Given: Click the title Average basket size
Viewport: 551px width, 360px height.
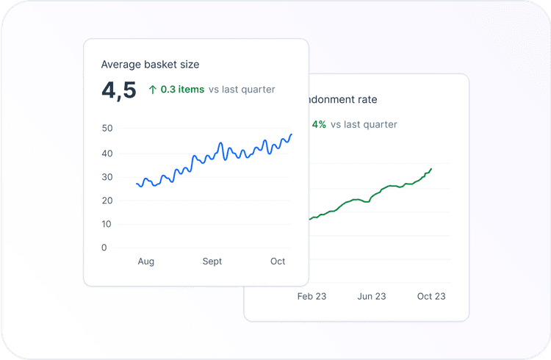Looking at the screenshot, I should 150,65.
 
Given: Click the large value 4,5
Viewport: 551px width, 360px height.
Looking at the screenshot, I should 119,90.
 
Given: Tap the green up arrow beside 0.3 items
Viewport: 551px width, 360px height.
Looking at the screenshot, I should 153,90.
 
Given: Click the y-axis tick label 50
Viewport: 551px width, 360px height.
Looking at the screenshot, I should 107,129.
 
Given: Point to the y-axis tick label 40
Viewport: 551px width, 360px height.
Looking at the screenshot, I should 107,154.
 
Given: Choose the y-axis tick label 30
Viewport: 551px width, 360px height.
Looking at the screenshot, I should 107,177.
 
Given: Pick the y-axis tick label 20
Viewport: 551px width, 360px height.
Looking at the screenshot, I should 107,201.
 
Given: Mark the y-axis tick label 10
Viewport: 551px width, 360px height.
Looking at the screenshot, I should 107,224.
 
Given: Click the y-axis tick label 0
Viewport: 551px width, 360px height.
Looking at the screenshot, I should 104,248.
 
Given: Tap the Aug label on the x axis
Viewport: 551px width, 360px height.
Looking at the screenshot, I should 145,262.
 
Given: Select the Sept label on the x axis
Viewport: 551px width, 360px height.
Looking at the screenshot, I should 212,262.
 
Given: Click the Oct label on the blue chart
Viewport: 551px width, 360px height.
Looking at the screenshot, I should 278,262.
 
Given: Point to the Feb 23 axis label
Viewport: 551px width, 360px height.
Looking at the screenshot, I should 311,297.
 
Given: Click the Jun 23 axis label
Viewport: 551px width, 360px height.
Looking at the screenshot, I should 372,297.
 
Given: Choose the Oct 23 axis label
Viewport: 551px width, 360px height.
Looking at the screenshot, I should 431,297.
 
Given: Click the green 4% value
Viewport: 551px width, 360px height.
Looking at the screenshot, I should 319,125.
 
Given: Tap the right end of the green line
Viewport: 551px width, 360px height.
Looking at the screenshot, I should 431,169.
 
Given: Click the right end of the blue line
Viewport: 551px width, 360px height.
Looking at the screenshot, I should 292,134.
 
